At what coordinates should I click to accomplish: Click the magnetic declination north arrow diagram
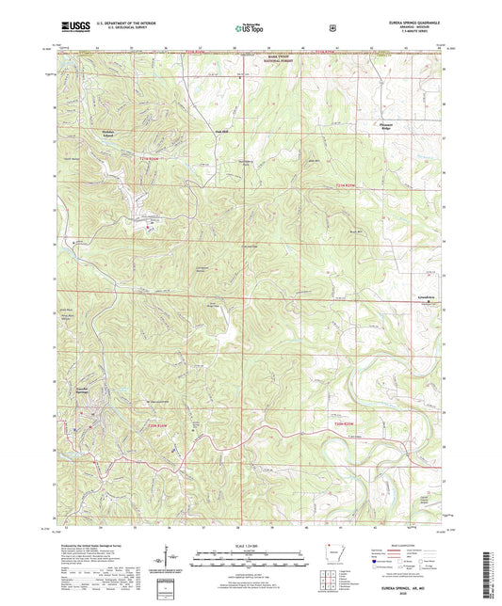pos(170,561)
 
